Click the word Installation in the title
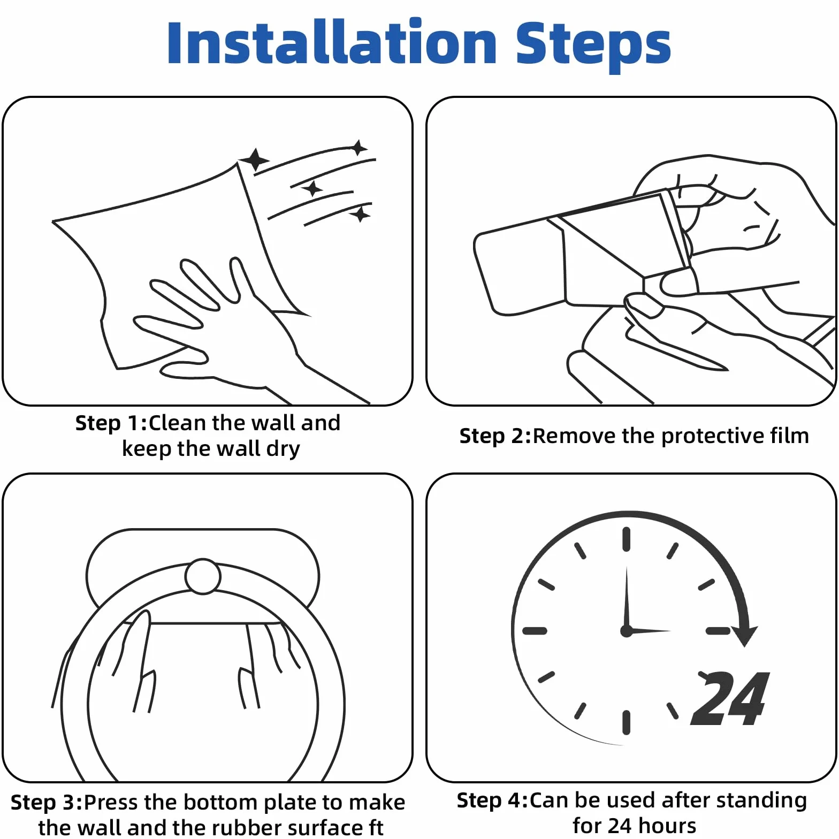332,42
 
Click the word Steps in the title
593,46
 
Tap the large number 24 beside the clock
730,698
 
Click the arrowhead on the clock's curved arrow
744,636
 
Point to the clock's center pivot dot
627,631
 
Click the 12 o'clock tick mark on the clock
627,539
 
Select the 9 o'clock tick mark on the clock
535,631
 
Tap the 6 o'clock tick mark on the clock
627,722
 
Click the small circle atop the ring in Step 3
203,576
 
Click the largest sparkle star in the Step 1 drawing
255,159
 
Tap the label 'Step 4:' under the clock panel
493,800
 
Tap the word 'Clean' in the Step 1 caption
177,423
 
